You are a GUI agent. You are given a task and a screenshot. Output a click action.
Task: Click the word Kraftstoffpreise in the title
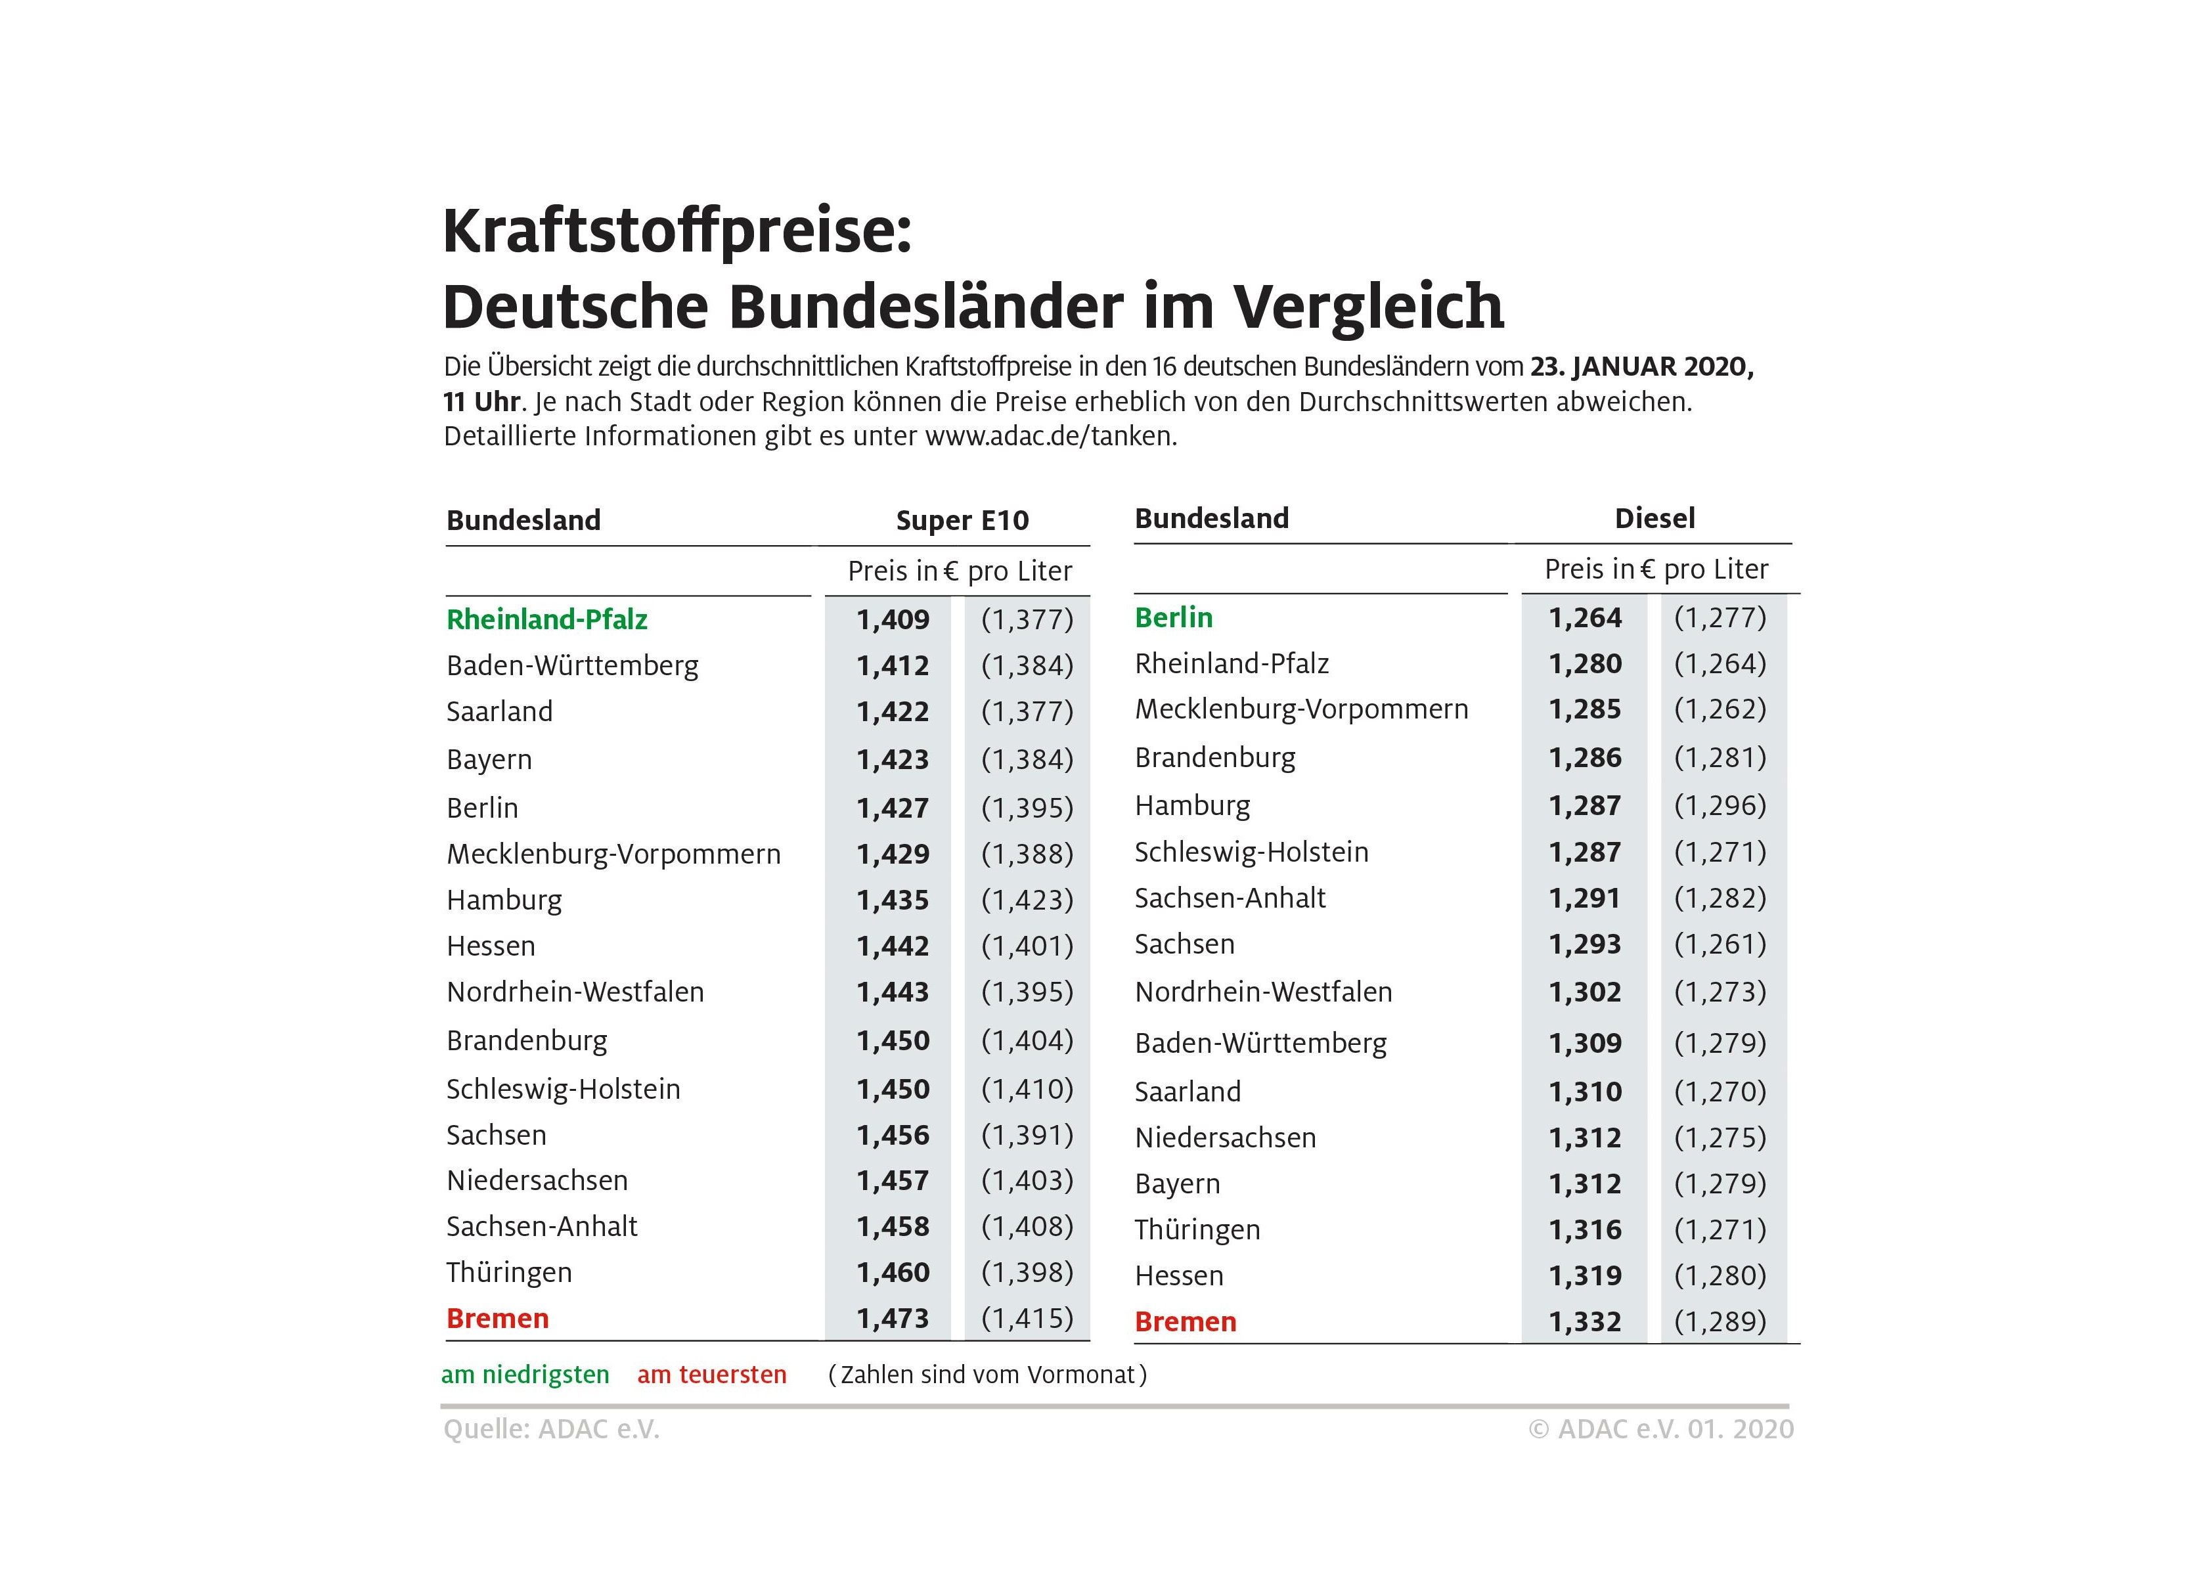pyautogui.click(x=677, y=232)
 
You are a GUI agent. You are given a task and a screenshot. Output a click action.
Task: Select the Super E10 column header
pyautogui.click(x=962, y=521)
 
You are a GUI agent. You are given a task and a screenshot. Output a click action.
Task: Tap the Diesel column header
pyautogui.click(x=1654, y=519)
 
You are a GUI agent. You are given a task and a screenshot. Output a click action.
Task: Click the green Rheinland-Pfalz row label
pyautogui.click(x=547, y=619)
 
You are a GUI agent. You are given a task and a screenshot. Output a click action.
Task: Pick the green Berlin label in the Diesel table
pyautogui.click(x=1173, y=617)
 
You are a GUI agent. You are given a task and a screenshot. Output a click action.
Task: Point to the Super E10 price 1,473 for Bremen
pyautogui.click(x=892, y=1319)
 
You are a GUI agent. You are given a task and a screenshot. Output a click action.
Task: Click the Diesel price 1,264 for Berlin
pyautogui.click(x=1584, y=617)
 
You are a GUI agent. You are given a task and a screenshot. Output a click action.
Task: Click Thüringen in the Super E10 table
pyautogui.click(x=509, y=1272)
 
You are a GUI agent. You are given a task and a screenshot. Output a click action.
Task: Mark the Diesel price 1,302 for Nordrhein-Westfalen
pyautogui.click(x=1584, y=992)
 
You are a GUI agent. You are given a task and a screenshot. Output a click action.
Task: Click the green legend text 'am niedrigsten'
pyautogui.click(x=525, y=1375)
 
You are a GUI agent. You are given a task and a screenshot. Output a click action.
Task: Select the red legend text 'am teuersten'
pyautogui.click(x=712, y=1375)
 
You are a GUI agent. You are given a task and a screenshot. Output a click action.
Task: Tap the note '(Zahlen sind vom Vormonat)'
pyautogui.click(x=987, y=1375)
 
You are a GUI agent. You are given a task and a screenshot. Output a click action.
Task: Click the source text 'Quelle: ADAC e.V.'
pyautogui.click(x=550, y=1429)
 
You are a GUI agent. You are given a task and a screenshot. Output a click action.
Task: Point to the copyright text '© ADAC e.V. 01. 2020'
pyautogui.click(x=1661, y=1429)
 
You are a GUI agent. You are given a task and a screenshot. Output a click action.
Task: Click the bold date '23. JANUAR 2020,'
pyautogui.click(x=1641, y=367)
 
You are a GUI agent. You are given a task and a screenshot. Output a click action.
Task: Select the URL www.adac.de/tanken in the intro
pyautogui.click(x=1050, y=436)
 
